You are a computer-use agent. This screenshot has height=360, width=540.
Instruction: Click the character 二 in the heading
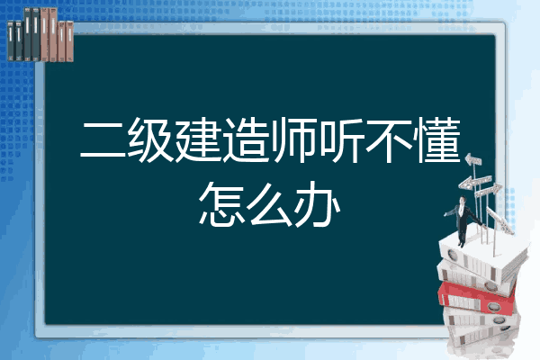[x=103, y=139]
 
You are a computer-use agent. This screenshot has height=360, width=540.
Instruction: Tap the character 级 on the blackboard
[x=150, y=139]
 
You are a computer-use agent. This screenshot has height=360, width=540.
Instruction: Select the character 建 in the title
[x=198, y=139]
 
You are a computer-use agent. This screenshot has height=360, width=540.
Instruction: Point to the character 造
[x=246, y=139]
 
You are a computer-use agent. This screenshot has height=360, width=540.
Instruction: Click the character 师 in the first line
[x=293, y=139]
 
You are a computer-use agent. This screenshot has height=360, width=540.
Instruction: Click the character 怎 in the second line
[x=221, y=204]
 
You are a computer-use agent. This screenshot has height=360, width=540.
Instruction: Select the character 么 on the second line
[x=270, y=204]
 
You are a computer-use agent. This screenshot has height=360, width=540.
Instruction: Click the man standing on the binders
[x=463, y=220]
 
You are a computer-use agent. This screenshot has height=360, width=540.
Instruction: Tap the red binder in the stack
[x=477, y=298]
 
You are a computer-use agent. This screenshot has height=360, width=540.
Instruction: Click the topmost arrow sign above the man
[x=473, y=160]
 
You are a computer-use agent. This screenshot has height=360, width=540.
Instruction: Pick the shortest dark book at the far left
[x=11, y=41]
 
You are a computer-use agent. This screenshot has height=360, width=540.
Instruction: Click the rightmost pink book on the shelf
[x=69, y=41]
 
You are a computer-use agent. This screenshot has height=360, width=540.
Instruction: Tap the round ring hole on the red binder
[x=493, y=307]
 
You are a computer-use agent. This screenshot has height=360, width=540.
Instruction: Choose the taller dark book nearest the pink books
[x=36, y=34]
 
